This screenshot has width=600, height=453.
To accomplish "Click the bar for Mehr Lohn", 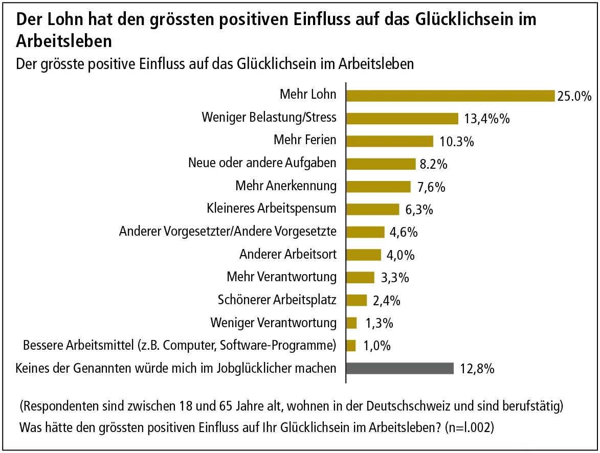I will click(450, 96).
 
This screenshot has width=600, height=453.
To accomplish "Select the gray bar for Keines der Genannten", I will click(400, 369).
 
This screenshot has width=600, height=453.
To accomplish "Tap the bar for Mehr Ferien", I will click(390, 141).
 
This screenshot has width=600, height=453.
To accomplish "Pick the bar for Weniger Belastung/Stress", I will click(402, 119).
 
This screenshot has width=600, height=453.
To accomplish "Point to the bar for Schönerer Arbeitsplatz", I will click(357, 300).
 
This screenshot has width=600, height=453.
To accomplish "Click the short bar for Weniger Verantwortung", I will click(351, 323).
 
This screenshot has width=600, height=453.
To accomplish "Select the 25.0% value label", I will click(574, 96).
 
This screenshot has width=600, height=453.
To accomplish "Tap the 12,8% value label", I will click(477, 369).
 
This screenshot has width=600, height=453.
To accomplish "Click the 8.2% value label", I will click(434, 164).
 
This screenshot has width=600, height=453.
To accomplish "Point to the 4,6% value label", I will click(404, 232).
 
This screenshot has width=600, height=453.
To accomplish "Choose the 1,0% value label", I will click(377, 346).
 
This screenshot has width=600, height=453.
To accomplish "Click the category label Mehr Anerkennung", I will click(286, 186).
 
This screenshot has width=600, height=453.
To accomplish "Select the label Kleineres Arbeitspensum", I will click(272, 209).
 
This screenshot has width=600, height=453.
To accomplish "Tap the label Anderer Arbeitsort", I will click(288, 254).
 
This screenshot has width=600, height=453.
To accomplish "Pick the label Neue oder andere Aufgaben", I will click(262, 163).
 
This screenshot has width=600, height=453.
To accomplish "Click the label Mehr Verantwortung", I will click(282, 277).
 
